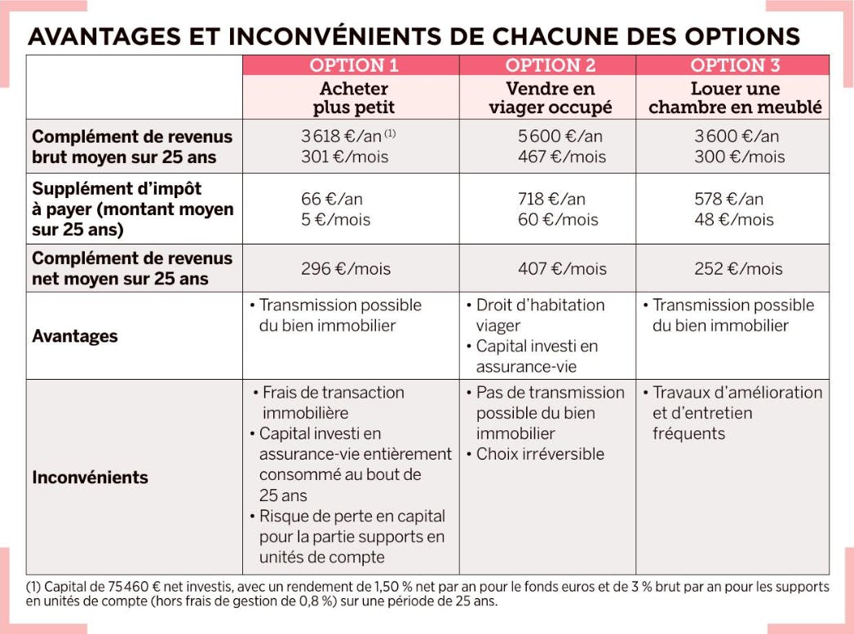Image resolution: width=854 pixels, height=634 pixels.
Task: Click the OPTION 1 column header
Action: (354, 65)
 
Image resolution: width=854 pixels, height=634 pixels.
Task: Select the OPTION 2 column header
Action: (550, 65)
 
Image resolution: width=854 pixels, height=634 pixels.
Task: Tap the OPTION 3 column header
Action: (735, 65)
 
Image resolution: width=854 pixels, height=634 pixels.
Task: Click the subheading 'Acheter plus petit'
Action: (354, 98)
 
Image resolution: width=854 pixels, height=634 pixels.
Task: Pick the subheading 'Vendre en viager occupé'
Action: (550, 98)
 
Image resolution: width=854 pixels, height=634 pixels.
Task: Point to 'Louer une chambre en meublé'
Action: (735, 98)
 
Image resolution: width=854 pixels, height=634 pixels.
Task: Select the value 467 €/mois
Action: (562, 156)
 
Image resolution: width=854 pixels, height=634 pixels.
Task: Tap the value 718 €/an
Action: (551, 199)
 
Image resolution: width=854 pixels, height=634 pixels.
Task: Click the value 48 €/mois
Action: (734, 220)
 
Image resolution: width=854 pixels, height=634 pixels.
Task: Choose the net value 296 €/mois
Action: (346, 269)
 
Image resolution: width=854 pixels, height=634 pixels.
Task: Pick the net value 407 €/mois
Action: (562, 269)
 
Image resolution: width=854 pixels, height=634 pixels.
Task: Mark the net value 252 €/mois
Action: (738, 269)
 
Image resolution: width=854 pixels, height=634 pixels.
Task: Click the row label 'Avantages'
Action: (75, 337)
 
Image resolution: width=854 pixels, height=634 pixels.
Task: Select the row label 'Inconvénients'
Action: (91, 478)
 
